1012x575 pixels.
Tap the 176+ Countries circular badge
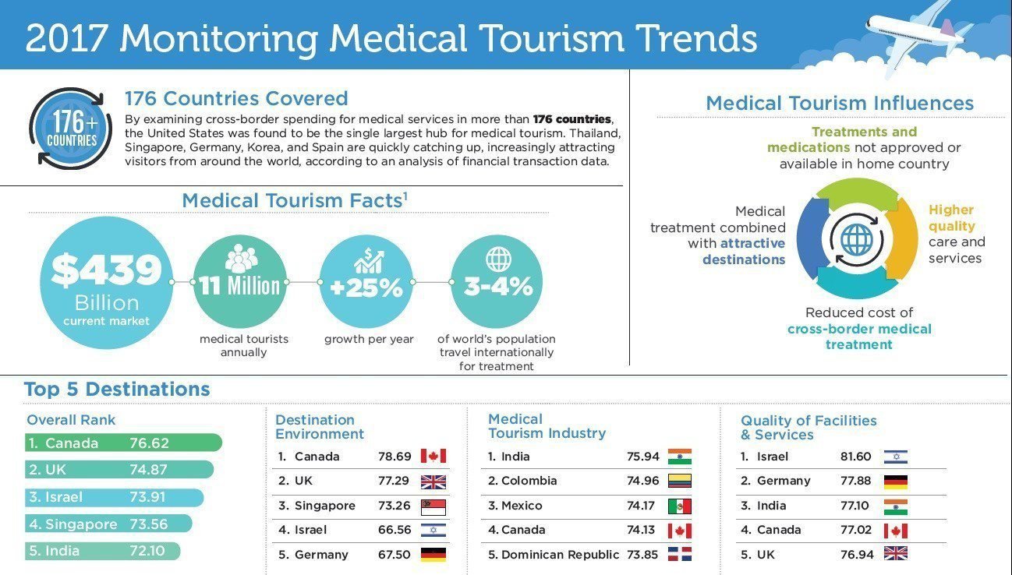coord(70,129)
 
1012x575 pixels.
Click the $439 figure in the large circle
coord(106,270)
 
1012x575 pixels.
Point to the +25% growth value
coord(366,288)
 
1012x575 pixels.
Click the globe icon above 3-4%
coord(498,259)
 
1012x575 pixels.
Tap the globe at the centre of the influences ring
coord(857,238)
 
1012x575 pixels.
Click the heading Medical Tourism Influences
coord(840,103)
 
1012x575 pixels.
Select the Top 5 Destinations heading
coord(117,389)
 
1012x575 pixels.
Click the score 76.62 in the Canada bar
coord(149,443)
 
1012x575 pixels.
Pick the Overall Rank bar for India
coord(102,551)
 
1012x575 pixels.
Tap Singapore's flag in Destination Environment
coord(433,506)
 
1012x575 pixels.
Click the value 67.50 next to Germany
coord(395,555)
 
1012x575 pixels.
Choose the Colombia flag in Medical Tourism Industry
coord(679,481)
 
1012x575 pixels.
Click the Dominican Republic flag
coord(679,555)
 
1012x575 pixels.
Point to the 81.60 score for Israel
coord(856,457)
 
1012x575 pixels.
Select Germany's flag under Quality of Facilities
coord(895,482)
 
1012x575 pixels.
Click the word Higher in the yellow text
coord(951,210)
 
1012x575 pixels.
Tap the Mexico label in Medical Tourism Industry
coord(521,506)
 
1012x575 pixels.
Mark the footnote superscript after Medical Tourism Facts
coord(405,195)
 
